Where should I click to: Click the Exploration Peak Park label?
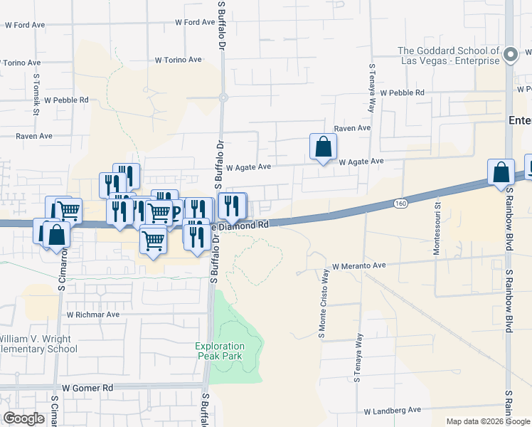point(220,351)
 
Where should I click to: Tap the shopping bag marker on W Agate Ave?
point(323,147)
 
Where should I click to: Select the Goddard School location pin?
point(510,54)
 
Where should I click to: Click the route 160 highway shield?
point(400,204)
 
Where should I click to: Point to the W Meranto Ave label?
point(356,265)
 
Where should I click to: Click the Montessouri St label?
point(437,228)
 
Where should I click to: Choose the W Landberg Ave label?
point(393,411)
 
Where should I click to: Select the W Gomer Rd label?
point(87,388)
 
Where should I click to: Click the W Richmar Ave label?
point(93,314)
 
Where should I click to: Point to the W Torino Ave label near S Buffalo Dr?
point(179,60)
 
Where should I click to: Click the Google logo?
point(23,418)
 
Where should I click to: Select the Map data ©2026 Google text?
point(487,421)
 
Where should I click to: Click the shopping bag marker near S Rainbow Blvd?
point(501,172)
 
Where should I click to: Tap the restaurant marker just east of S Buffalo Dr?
point(232,206)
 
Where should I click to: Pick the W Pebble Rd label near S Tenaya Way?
point(402,93)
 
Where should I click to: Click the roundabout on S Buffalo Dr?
point(223,97)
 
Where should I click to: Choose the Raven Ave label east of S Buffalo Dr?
point(353,128)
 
